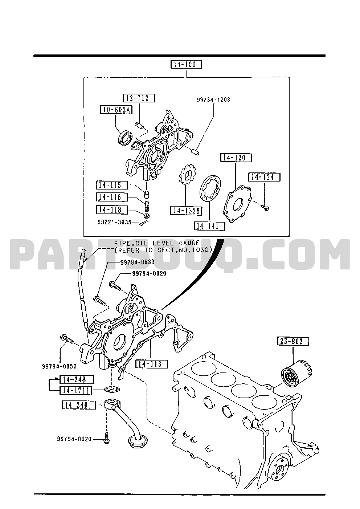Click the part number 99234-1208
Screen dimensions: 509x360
point(213,99)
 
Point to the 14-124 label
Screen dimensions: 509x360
point(264,177)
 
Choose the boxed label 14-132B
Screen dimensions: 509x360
point(186,211)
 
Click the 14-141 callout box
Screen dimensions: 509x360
point(209,226)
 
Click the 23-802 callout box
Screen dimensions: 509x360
point(294,341)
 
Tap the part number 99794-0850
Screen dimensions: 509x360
point(59,366)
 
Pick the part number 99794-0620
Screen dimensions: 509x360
point(74,439)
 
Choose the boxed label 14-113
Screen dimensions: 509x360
point(151,363)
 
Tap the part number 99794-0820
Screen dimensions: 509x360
point(149,273)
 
